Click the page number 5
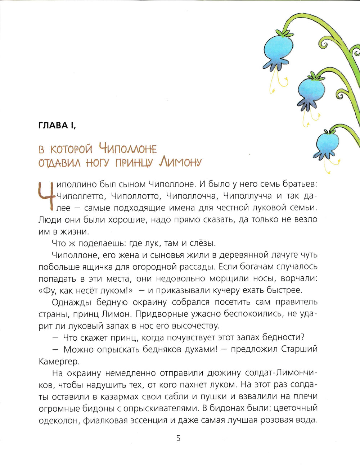coord(178,438)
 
